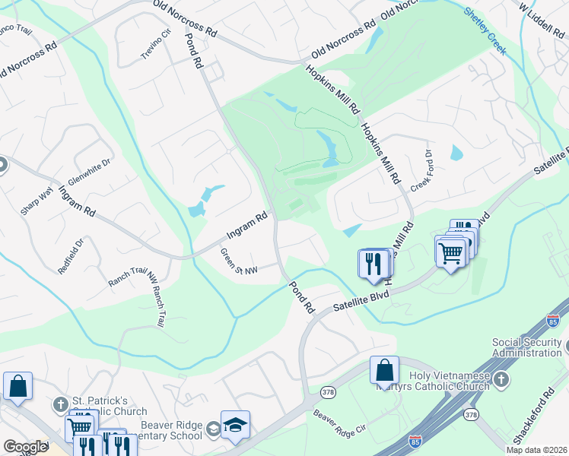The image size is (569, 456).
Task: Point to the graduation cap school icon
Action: tap(235, 426)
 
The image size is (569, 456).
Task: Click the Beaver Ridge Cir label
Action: tap(340, 423)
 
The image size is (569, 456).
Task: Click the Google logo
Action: tap(26, 447)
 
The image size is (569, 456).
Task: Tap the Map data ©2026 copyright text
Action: tap(536, 450)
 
